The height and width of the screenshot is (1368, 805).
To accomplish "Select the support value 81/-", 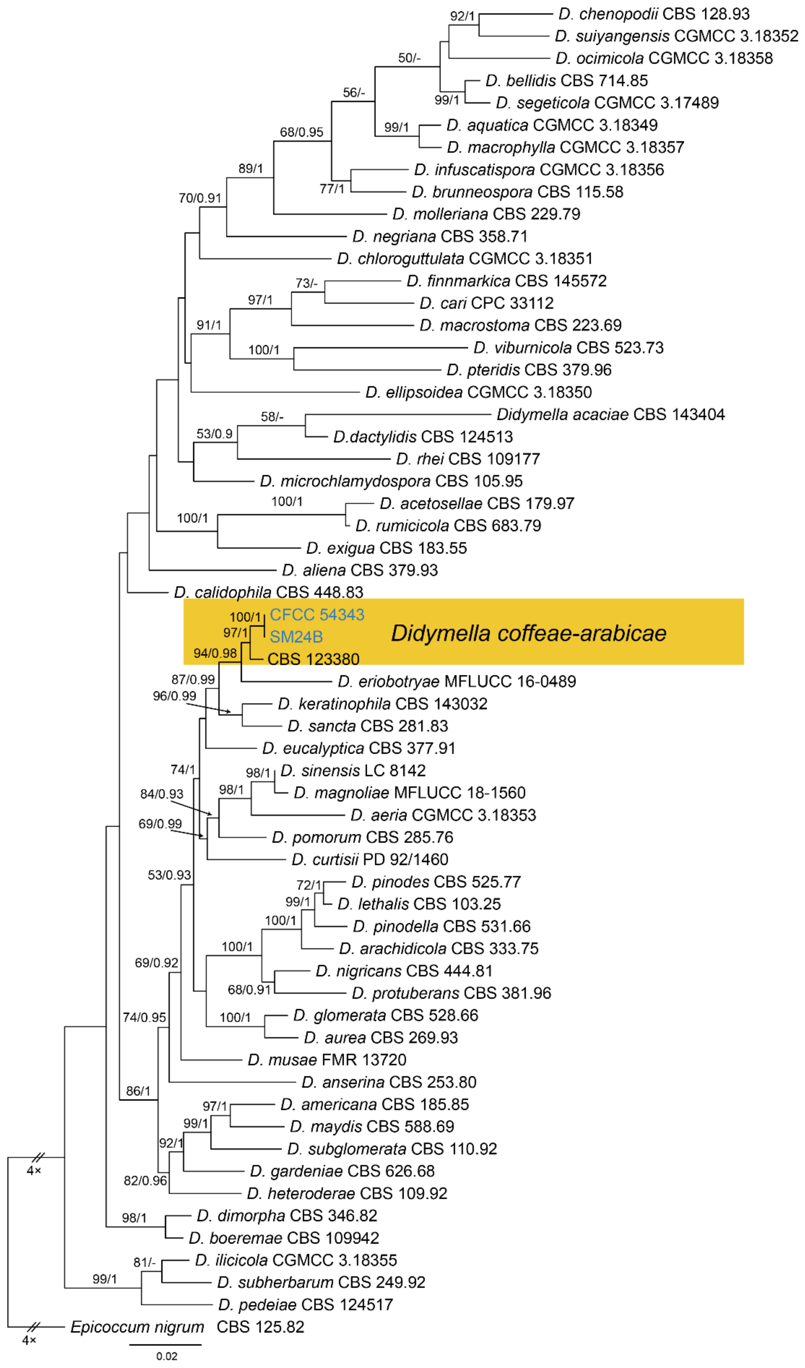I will click(x=145, y=1263).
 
